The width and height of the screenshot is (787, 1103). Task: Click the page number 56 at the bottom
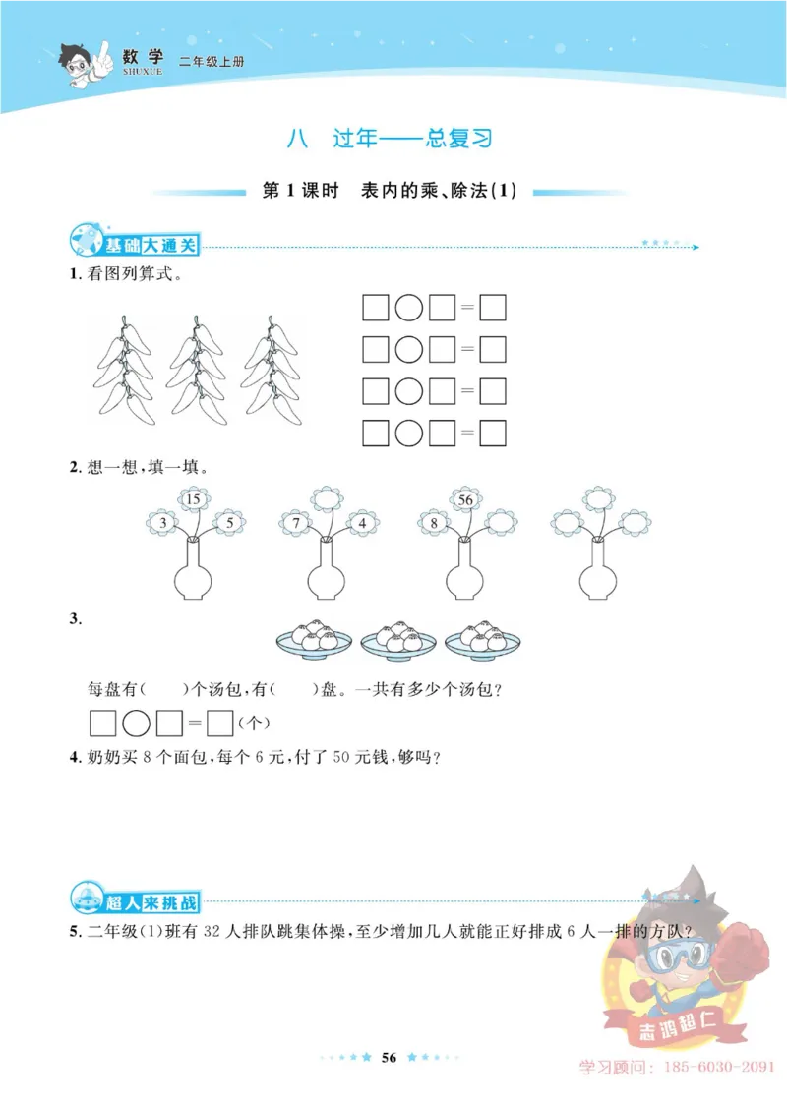point(389,1057)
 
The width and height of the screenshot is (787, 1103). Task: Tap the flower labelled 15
point(193,500)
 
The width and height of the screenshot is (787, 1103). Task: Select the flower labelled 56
point(466,500)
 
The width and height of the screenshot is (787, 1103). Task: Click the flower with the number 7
point(295,523)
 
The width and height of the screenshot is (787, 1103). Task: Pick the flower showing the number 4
point(362,523)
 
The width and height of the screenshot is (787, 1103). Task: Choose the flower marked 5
point(228,523)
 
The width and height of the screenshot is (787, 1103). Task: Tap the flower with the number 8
point(434,523)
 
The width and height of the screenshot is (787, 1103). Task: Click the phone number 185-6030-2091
point(719,1067)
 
